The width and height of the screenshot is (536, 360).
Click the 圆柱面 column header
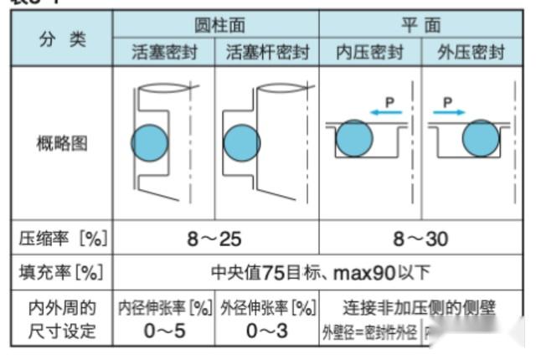click(x=215, y=24)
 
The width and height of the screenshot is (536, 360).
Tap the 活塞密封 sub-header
click(x=163, y=53)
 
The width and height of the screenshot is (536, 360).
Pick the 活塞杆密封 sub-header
click(x=267, y=53)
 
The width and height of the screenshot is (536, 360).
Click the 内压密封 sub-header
click(x=369, y=53)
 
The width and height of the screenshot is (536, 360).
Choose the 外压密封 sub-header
click(x=472, y=53)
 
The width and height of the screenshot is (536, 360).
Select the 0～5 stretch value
click(x=164, y=330)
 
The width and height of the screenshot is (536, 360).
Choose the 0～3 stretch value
click(x=267, y=330)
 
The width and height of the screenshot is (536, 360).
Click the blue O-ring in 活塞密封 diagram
click(x=150, y=141)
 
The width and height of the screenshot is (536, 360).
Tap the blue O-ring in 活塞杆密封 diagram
click(x=242, y=141)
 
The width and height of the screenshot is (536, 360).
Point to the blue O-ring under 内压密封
click(x=355, y=138)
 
